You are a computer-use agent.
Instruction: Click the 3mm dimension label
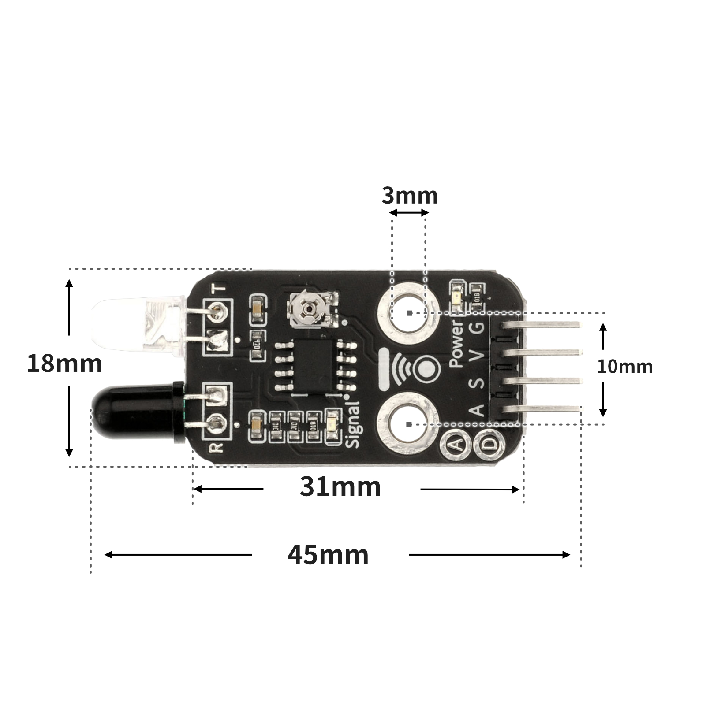coord(410,196)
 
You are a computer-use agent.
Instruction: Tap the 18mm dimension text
coord(64,364)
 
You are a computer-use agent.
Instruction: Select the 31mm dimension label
coord(340,487)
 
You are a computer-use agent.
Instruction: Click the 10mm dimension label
coord(624,367)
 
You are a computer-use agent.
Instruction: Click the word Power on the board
coord(456,344)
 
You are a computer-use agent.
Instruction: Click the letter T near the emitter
coord(219,289)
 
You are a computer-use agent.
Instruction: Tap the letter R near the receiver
coord(217,448)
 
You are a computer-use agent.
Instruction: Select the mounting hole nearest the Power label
coord(409,313)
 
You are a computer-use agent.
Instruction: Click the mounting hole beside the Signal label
coord(409,424)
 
